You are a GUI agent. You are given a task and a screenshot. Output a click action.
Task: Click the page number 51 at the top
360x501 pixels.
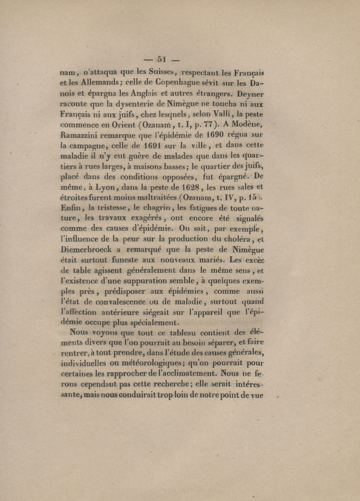pyautogui.click(x=162, y=58)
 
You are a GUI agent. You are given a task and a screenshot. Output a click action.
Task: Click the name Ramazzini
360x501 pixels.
pyautogui.click(x=86, y=144)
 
